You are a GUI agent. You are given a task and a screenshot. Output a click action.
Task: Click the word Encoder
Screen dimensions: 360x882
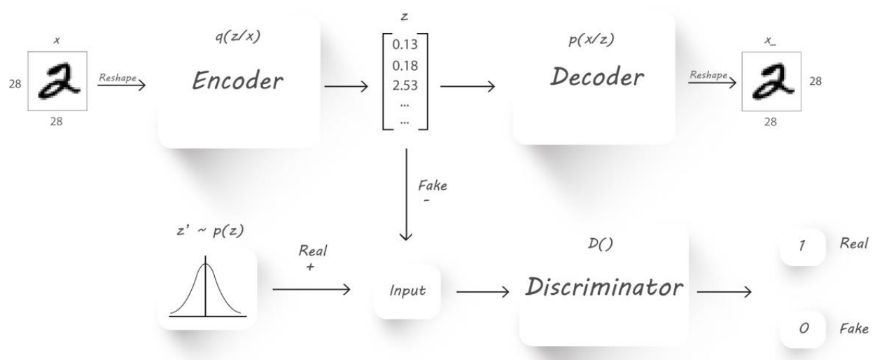239,82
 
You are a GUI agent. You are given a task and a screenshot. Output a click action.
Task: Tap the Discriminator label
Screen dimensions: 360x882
603,286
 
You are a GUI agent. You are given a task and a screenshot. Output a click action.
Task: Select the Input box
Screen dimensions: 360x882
407,290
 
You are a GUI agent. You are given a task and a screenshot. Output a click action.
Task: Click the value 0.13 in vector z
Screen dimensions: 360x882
404,46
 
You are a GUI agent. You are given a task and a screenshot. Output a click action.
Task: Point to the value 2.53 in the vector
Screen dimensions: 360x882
404,85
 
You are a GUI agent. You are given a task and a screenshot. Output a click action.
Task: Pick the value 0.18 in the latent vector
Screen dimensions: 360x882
404,65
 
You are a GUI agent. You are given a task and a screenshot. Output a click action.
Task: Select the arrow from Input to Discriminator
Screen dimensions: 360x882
482,290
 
